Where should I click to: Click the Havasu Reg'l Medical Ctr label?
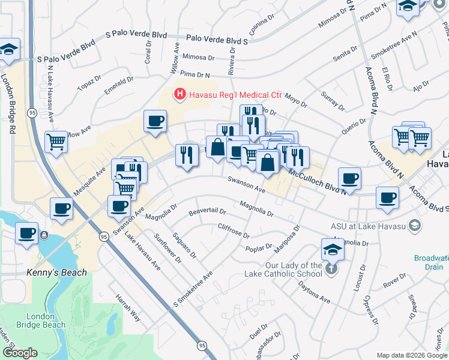(x=235, y=95)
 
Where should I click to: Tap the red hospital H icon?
(x=179, y=94)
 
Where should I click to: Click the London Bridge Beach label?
(x=46, y=320)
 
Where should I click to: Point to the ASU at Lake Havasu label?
(x=368, y=226)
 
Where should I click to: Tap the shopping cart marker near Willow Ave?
(x=56, y=142)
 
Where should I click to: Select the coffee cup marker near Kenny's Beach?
(x=26, y=233)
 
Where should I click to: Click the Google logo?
(x=21, y=353)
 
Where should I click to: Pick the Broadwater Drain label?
(x=431, y=262)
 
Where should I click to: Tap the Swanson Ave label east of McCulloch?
(x=246, y=184)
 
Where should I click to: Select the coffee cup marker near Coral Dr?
(x=155, y=121)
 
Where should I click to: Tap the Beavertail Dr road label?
(x=207, y=211)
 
